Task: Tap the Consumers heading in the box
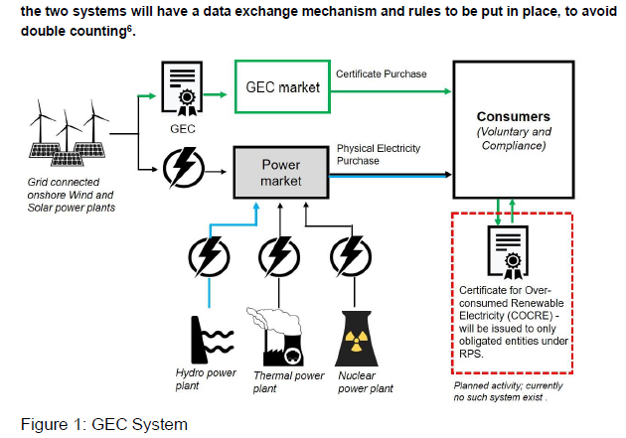[x=514, y=117]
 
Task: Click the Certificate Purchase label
[x=379, y=74]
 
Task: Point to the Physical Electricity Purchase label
[x=379, y=155]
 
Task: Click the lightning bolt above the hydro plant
[x=209, y=257]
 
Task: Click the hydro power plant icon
[x=208, y=337]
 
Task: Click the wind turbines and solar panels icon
[x=66, y=138]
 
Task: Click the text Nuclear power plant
[x=367, y=382]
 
